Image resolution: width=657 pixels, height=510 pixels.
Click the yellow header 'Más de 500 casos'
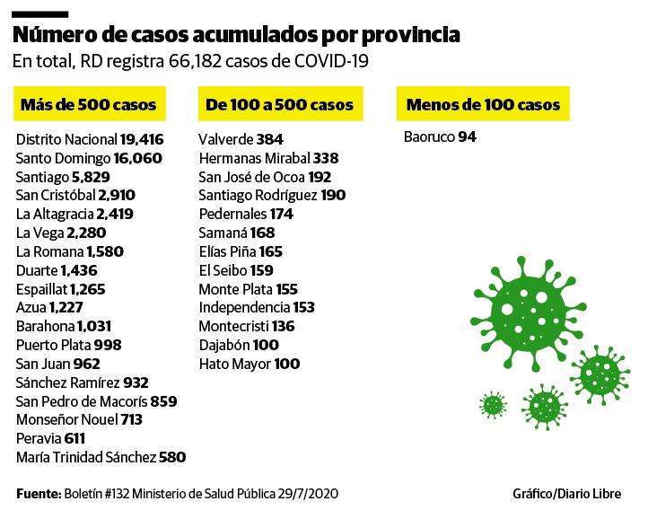pyautogui.click(x=88, y=105)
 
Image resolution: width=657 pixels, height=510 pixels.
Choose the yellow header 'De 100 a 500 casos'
pyautogui.click(x=279, y=105)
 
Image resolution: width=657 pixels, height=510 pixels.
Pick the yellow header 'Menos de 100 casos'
pyautogui.click(x=483, y=105)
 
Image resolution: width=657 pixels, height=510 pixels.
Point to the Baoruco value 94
pyautogui.click(x=467, y=137)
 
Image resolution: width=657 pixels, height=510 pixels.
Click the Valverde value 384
pyautogui.click(x=269, y=139)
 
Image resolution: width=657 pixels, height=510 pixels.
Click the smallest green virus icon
pyautogui.click(x=493, y=405)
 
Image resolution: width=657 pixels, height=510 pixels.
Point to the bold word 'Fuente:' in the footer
pyautogui.click(x=38, y=494)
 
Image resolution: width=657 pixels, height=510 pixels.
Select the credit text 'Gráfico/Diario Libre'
pyautogui.click(x=566, y=494)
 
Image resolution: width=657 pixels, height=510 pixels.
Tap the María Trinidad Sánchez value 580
pyautogui.click(x=171, y=457)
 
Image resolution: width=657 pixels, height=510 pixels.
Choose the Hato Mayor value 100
pyautogui.click(x=286, y=364)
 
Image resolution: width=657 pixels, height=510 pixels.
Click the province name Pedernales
pyautogui.click(x=232, y=214)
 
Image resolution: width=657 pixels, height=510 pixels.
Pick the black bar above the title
pyautogui.click(x=40, y=14)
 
